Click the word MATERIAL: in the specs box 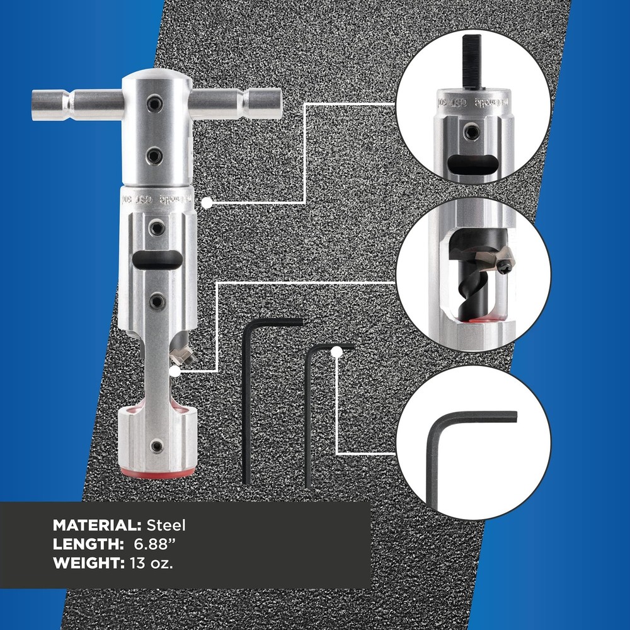(x=97, y=525)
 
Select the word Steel (x=166, y=525)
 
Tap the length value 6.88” (x=150, y=544)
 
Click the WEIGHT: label (x=88, y=563)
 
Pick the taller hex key (x=247, y=403)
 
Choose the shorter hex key (x=309, y=416)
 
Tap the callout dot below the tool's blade (x=175, y=370)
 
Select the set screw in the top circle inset (x=469, y=132)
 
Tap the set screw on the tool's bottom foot (x=157, y=446)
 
